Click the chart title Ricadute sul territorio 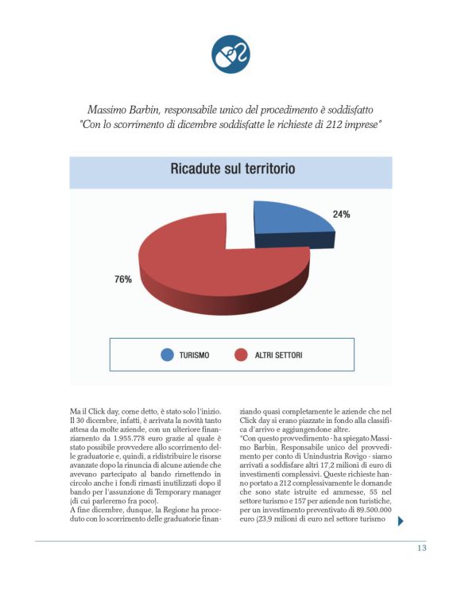coord(230,169)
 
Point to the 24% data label coord(342,215)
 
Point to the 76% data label coord(123,279)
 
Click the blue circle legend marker coord(167,355)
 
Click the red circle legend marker coord(241,355)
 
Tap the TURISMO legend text coord(195,355)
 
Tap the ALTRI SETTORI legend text coord(279,355)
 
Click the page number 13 coord(422,549)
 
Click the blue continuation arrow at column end coord(401,522)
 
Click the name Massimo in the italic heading coord(109,107)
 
